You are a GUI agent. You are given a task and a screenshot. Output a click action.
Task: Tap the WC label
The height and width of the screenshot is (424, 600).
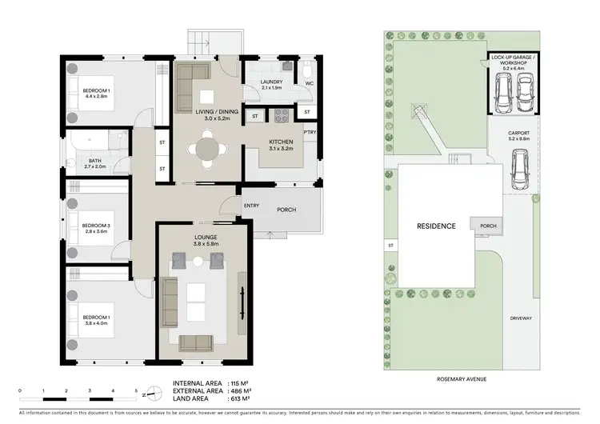[308, 82]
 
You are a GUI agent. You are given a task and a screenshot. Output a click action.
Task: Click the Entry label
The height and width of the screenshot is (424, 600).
[251, 206]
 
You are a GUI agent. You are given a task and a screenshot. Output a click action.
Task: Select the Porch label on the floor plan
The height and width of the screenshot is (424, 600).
[287, 210]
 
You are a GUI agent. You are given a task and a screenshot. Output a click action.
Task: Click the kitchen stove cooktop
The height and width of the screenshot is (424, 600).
[282, 116]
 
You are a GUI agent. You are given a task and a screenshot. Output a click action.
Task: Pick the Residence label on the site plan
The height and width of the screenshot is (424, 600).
[436, 226]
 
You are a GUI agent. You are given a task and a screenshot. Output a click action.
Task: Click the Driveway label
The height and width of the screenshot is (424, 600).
[521, 318]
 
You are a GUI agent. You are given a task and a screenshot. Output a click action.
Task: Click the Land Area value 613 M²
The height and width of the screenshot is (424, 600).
[241, 398]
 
